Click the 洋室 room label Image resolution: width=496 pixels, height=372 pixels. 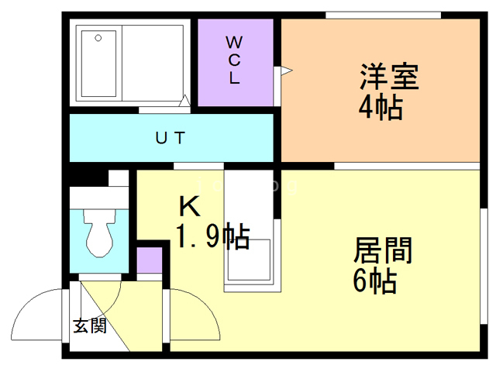pos(388,77)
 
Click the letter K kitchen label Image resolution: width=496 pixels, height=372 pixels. pos(190,206)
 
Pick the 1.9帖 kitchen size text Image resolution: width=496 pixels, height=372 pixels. pos(210,235)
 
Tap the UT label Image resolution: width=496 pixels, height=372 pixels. pos(170,139)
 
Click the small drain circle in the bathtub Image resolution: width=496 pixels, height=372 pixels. pos(97,37)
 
